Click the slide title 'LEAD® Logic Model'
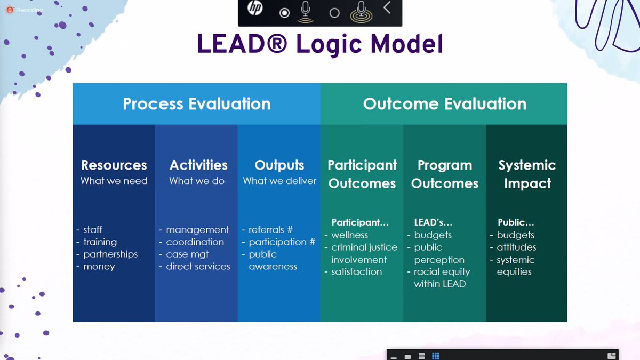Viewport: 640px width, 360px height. (x=320, y=45)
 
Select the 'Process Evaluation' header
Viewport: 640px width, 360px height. (x=196, y=103)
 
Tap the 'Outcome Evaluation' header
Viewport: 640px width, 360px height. (x=444, y=103)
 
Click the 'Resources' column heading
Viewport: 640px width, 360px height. (x=114, y=165)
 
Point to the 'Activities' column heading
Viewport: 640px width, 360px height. (x=198, y=165)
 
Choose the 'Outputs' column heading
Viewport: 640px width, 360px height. (x=279, y=165)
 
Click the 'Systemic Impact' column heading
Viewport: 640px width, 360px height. (x=527, y=174)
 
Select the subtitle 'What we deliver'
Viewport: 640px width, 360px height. (x=279, y=181)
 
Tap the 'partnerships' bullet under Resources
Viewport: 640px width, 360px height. (x=110, y=254)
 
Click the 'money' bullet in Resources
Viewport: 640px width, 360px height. (x=99, y=267)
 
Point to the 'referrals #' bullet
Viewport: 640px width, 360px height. (x=270, y=230)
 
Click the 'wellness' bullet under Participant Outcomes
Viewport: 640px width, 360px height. (x=349, y=235)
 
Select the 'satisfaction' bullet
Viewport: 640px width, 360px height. (x=356, y=272)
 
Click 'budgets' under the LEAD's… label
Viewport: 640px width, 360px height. (x=433, y=235)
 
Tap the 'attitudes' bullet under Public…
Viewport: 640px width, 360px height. (x=516, y=247)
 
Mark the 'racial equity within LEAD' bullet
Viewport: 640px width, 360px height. (x=441, y=278)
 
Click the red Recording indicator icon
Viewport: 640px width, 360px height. (x=9, y=10)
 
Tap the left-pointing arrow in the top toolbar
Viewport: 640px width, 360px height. (x=387, y=8)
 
